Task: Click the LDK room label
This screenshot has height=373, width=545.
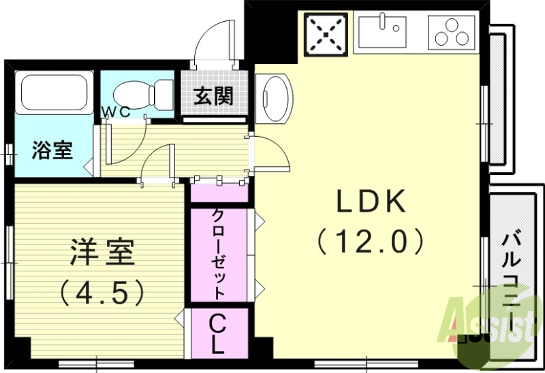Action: (x=372, y=202)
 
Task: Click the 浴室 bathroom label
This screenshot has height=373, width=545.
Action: (x=52, y=150)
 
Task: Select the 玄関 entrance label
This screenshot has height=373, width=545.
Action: (x=213, y=96)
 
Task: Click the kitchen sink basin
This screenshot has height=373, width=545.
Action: (x=382, y=32)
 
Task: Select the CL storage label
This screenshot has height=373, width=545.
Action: (x=217, y=333)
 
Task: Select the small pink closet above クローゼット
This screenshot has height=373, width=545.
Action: (x=219, y=193)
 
